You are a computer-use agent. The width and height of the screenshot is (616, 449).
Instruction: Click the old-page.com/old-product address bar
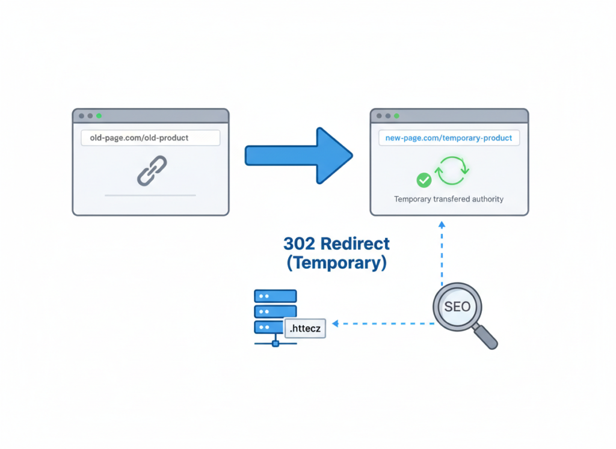pos(150,138)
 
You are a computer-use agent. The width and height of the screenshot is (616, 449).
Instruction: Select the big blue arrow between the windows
pos(298,155)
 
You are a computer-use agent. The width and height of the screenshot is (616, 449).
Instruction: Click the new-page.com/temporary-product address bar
pos(449,138)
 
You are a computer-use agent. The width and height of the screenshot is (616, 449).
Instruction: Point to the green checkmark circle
pos(424,179)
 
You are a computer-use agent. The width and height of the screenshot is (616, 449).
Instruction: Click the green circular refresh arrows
pos(452,171)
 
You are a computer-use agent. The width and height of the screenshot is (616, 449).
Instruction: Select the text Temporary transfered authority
pos(449,199)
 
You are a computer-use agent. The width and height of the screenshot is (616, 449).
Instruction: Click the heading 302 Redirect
pos(336,243)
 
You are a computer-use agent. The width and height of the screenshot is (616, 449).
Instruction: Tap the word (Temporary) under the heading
pos(336,263)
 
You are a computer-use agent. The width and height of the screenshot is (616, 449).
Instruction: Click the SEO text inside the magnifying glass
pos(457,307)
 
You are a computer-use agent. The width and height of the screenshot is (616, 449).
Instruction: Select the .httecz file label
pos(305,328)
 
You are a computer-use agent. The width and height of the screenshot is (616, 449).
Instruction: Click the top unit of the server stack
pos(276,296)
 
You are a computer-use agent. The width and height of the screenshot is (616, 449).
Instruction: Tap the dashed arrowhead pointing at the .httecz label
pos(335,323)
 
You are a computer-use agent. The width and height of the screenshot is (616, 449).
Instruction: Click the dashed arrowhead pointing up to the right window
pos(442,224)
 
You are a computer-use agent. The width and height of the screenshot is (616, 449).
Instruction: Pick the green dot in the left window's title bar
pos(99,115)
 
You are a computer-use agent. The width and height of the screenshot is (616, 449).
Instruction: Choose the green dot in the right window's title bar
pos(397,115)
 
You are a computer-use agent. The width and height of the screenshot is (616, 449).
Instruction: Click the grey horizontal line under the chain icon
pos(150,195)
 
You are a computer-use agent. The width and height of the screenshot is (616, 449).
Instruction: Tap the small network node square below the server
pos(276,344)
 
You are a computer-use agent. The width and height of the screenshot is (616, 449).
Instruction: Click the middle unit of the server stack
pos(276,311)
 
